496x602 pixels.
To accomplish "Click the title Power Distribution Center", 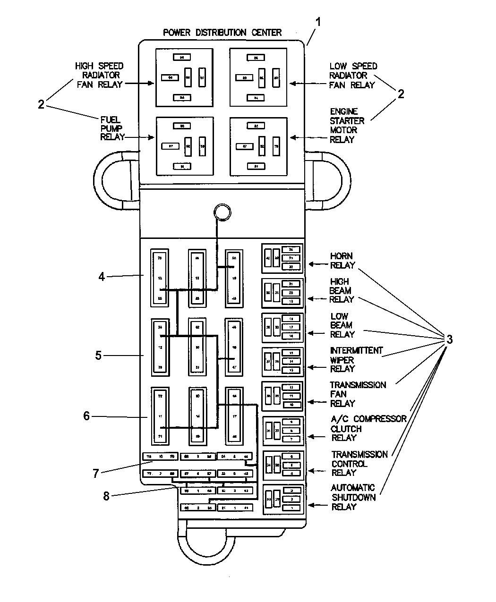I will click(222, 33).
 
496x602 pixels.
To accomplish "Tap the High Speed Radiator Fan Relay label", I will click(99, 75).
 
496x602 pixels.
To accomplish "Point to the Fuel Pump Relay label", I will click(112, 128).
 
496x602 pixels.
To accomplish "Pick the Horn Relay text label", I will click(342, 261).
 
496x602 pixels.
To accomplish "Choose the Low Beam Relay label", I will click(342, 325).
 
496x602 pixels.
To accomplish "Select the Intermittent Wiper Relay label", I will click(356, 360).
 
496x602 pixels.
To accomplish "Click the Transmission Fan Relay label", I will click(357, 394).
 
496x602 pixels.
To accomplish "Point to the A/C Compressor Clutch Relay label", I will click(368, 428).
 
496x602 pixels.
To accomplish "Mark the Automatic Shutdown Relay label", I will click(353, 497).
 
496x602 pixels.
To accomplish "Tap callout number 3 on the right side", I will click(449, 339).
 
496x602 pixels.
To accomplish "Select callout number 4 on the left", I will click(102, 277).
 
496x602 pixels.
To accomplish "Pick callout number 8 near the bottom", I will click(106, 496).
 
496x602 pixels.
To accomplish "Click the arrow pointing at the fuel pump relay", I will click(146, 138).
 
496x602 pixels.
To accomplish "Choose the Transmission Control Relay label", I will click(359, 463).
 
